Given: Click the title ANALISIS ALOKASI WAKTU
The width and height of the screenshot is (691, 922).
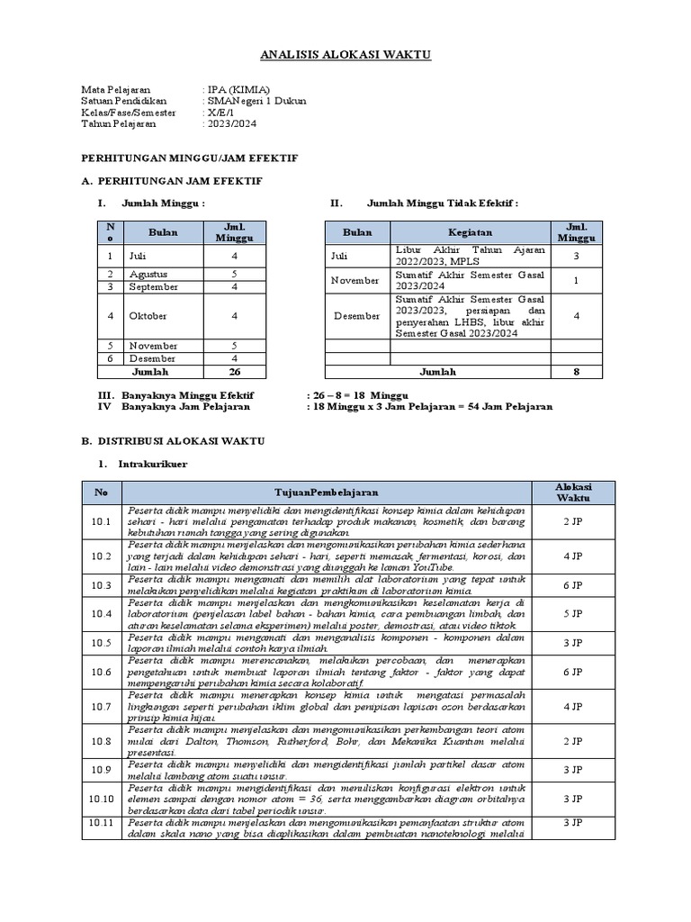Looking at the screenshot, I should pyautogui.click(x=345, y=55).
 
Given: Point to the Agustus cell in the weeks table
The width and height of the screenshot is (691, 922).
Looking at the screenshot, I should pyautogui.click(x=148, y=274).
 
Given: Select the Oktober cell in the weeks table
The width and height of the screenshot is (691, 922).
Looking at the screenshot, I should pyautogui.click(x=148, y=316).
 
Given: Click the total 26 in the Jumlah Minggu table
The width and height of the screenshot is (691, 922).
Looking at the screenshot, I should pyautogui.click(x=234, y=371).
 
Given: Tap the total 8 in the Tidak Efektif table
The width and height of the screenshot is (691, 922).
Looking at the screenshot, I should pyautogui.click(x=577, y=371).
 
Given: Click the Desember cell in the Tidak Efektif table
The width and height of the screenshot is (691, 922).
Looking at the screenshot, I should pyautogui.click(x=358, y=316).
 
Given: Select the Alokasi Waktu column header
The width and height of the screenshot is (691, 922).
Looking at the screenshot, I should pyautogui.click(x=572, y=493).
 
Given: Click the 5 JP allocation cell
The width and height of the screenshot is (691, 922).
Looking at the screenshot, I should pyautogui.click(x=573, y=613).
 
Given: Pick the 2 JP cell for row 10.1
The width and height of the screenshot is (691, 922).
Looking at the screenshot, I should pyautogui.click(x=573, y=521).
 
